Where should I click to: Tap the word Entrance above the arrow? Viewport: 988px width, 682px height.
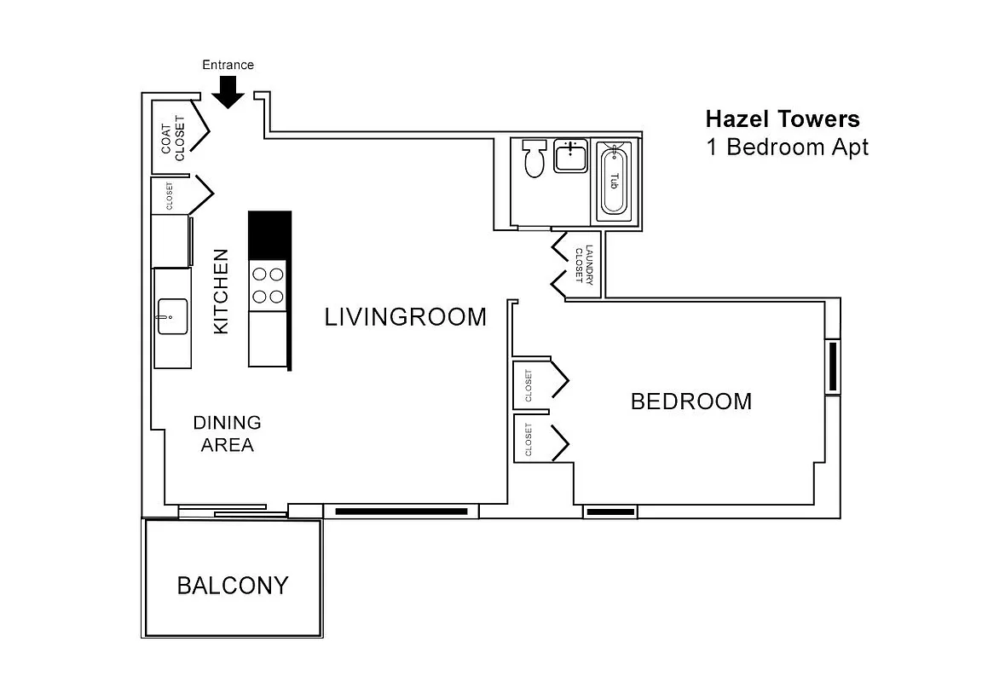point(228,65)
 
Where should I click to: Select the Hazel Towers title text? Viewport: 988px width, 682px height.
point(783,119)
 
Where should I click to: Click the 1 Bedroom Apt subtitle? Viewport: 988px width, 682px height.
point(787,147)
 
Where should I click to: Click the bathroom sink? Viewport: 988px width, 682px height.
point(571,157)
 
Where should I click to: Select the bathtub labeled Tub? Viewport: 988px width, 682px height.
point(614,180)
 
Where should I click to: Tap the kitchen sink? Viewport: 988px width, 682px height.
point(173,317)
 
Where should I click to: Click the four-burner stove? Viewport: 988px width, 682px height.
point(269,286)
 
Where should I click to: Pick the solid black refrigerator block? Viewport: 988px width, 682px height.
point(269,234)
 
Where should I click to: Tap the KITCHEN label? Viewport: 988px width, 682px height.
point(221,291)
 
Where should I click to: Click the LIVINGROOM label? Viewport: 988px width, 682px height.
point(406,317)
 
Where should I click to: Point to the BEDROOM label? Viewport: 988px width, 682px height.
point(691,401)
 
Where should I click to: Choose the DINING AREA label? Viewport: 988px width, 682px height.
point(228,433)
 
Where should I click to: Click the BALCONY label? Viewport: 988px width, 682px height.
point(233,586)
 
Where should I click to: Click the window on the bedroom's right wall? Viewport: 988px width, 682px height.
point(833,367)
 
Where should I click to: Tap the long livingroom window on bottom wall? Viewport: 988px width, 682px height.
point(401,511)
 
